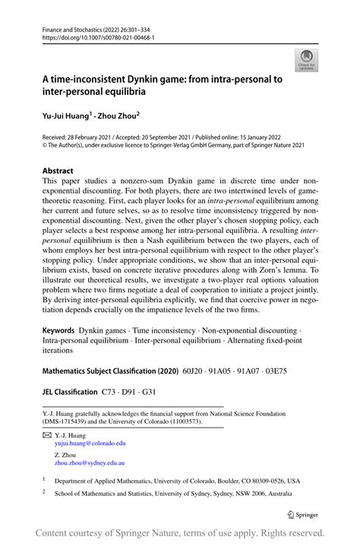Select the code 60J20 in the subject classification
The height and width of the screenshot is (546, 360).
(207, 373)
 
